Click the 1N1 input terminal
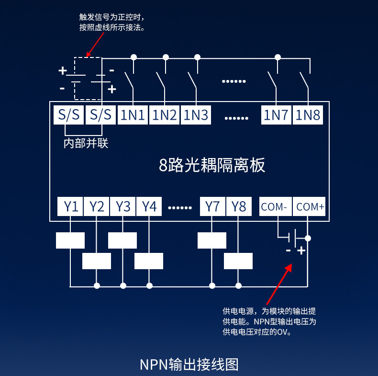point(133,115)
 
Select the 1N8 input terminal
point(308,115)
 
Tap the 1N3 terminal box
point(196,115)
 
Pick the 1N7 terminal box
point(276,115)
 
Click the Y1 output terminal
point(70,206)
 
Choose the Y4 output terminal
point(149,206)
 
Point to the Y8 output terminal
point(239,206)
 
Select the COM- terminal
point(276,206)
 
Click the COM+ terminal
point(309,206)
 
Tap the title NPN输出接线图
point(189,364)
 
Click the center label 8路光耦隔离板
point(212,165)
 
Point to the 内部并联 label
point(86,143)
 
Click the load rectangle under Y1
point(70,240)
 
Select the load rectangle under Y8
point(238,261)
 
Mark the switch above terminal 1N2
point(161,80)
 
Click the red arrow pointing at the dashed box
point(95,45)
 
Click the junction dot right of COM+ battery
point(308,239)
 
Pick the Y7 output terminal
point(212,206)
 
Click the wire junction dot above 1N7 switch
point(278,57)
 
